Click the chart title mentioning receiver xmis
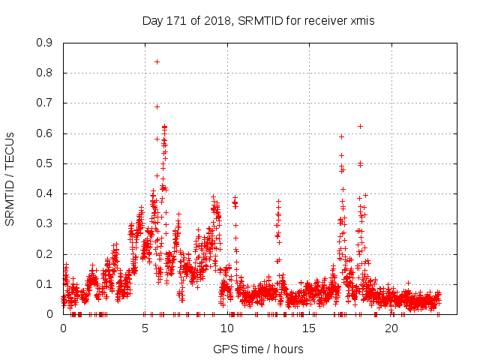(x=258, y=21)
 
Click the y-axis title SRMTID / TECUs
(x=10, y=178)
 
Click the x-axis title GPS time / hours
(x=258, y=349)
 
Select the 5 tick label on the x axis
(x=145, y=328)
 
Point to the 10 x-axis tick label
(x=227, y=328)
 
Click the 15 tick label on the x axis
(x=310, y=328)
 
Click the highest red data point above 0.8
(x=157, y=61)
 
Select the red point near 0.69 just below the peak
(x=157, y=106)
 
